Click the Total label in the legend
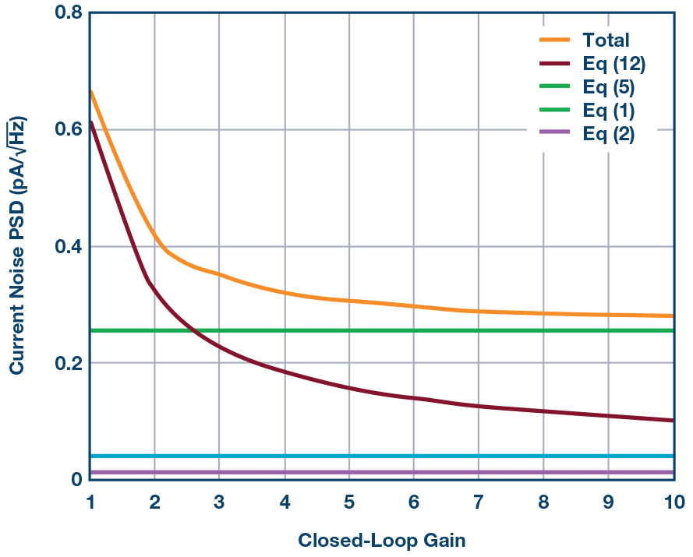coord(606,41)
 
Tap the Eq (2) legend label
coord(609,134)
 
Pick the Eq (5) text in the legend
coord(609,87)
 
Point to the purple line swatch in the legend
coord(557,134)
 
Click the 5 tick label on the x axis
coord(349,503)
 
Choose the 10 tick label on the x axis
coord(674,503)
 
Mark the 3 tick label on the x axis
coord(219,503)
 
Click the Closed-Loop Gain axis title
coord(381,540)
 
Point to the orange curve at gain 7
coord(479,311)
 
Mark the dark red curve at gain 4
coord(285,372)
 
